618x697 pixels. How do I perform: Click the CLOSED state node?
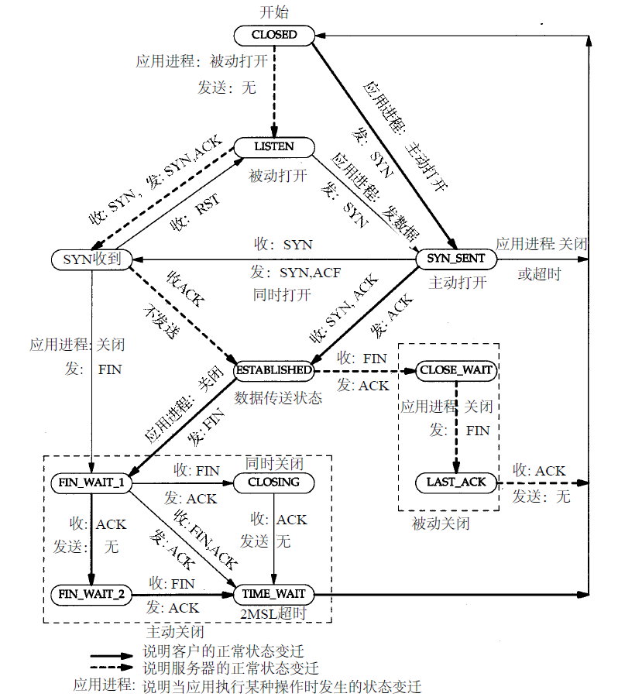pos(274,35)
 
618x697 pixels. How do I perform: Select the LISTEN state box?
pos(274,146)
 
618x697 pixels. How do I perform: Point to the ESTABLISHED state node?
pos(274,370)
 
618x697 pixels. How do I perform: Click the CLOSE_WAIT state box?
pos(456,370)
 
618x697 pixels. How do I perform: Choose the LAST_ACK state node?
pos(456,482)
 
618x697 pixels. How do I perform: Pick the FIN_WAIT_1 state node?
pos(91,482)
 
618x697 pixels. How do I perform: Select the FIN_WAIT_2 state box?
pos(91,595)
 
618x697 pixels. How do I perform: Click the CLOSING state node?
pos(274,482)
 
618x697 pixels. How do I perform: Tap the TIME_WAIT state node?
pos(274,595)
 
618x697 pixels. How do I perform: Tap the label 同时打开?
pos(282,295)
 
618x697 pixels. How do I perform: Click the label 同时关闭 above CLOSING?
pos(274,463)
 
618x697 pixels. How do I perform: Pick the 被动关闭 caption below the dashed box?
pos(441,524)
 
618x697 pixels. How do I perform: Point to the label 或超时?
pos(539,275)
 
